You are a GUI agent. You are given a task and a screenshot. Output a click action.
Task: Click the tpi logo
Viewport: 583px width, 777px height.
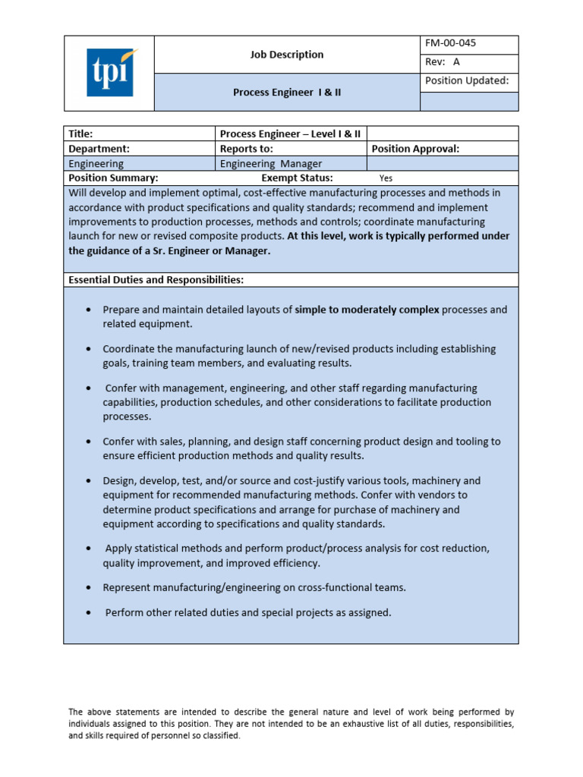[112, 72]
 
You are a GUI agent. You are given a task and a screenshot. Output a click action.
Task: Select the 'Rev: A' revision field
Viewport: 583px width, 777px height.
[443, 62]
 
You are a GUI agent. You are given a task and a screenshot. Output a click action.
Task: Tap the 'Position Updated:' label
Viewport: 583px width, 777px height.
[466, 80]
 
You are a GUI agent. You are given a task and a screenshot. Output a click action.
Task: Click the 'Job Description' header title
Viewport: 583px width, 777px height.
[287, 55]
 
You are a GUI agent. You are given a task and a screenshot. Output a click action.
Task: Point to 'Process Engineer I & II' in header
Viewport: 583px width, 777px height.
[287, 93]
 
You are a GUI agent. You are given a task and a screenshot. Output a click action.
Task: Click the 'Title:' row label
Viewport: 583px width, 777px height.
[81, 134]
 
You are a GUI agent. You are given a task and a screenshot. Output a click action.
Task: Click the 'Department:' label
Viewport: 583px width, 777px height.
[99, 149]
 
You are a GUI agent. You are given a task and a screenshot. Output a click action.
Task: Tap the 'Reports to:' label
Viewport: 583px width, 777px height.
[247, 149]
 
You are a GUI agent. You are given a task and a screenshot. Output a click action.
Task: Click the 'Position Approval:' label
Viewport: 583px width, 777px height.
[416, 149]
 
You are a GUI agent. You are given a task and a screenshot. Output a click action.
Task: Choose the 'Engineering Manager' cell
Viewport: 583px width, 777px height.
[271, 163]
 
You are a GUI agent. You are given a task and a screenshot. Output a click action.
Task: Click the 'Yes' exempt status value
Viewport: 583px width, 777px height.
[386, 178]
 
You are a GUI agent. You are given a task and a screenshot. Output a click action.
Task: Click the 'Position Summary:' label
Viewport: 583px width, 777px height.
[113, 178]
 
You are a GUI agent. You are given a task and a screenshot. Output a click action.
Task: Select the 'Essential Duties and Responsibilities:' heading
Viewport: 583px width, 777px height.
[156, 279]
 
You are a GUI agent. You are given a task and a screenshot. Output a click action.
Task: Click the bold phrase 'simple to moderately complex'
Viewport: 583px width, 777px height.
[367, 310]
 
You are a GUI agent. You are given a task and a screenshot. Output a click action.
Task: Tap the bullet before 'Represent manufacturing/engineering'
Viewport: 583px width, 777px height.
[90, 588]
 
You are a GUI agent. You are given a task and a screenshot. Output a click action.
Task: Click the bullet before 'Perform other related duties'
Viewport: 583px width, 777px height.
[90, 612]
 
